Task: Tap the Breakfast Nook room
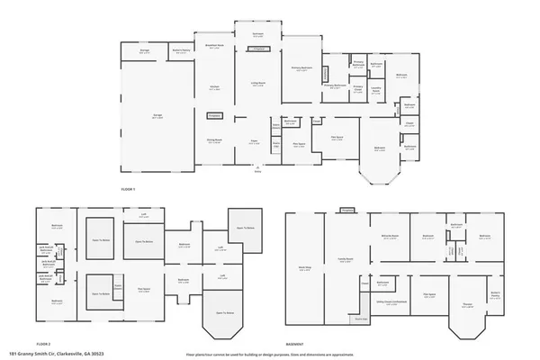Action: (x=215, y=46)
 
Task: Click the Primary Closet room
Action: (x=356, y=89)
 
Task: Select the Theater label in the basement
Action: (x=468, y=303)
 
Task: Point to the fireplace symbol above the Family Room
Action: (x=347, y=210)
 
